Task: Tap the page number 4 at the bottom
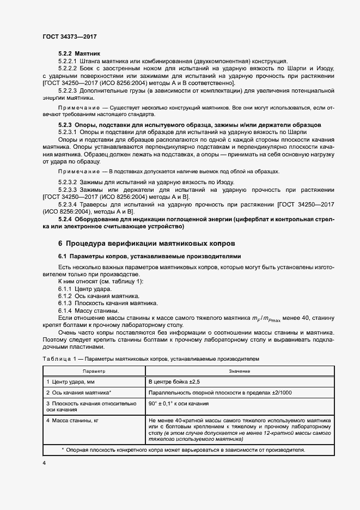44,463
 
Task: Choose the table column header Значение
240,371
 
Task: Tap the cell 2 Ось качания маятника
79,392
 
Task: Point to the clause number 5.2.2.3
68,90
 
